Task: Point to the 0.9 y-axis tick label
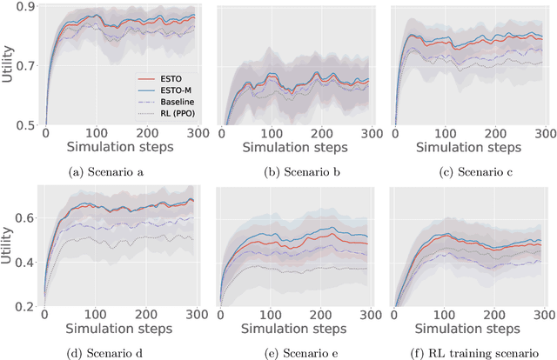27,7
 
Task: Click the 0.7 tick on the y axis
27,66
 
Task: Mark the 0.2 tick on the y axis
27,306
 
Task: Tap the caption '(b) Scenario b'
289,171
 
